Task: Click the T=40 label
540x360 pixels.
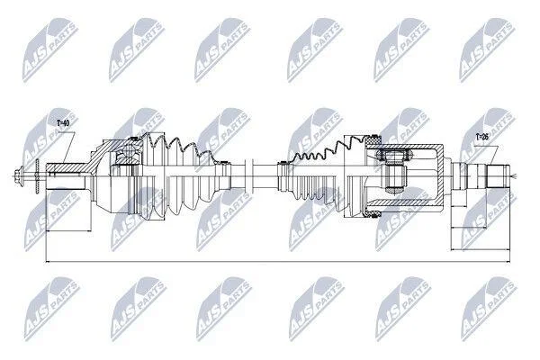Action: pyautogui.click(x=63, y=123)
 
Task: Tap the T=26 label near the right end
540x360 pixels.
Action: pyautogui.click(x=482, y=137)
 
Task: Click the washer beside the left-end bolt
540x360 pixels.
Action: pyautogui.click(x=37, y=175)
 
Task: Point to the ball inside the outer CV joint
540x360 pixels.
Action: pyautogui.click(x=129, y=150)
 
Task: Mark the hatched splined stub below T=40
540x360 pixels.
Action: pyautogui.click(x=66, y=167)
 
